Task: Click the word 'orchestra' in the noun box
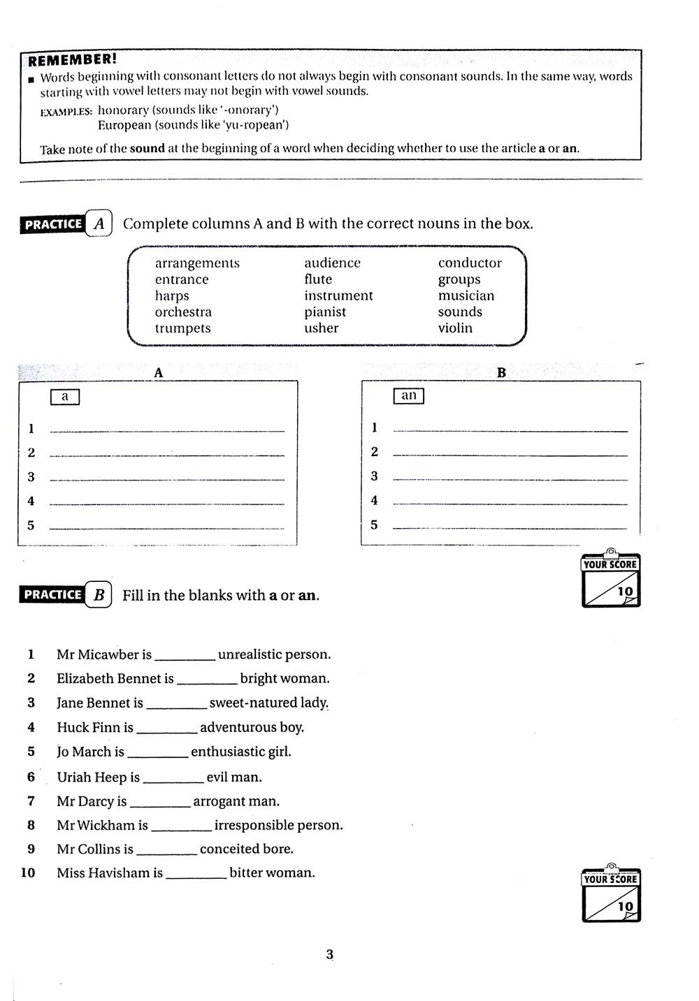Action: (183, 312)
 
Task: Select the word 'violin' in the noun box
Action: (455, 328)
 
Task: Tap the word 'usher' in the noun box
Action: (321, 328)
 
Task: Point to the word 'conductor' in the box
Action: (470, 263)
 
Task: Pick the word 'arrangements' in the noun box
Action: (197, 263)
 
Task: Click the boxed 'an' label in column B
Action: (409, 396)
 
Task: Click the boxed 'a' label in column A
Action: (65, 397)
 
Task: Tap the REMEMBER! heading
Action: (73, 60)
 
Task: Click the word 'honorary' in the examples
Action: (123, 110)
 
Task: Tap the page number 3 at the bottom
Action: (330, 954)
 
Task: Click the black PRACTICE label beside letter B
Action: (53, 594)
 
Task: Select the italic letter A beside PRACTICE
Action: (99, 224)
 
